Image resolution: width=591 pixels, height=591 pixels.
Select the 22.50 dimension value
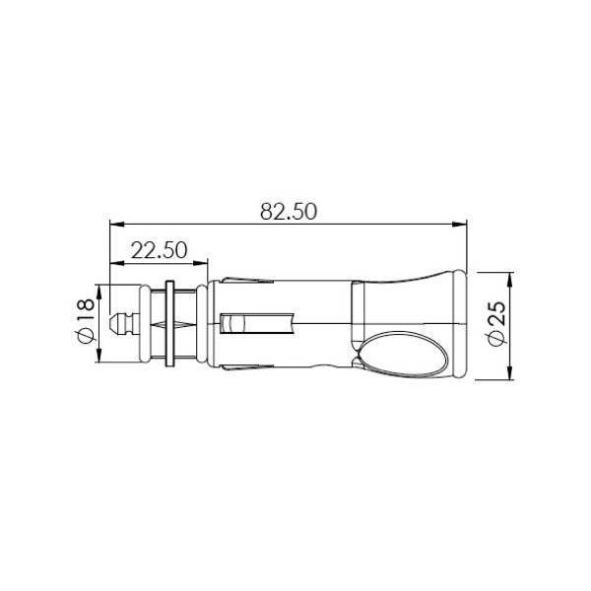tap(160, 250)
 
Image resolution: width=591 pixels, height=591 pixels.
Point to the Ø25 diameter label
tap(496, 322)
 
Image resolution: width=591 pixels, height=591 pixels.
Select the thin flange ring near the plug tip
tap(170, 323)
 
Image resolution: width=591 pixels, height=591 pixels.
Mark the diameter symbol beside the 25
tap(496, 338)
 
